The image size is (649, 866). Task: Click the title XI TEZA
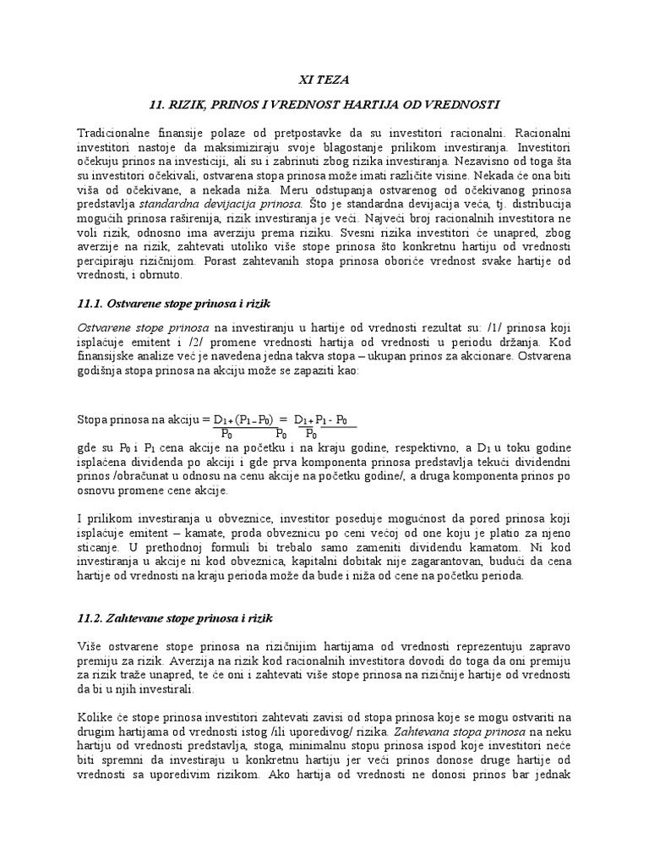[x=324, y=79]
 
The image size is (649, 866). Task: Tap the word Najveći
[x=441, y=218]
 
